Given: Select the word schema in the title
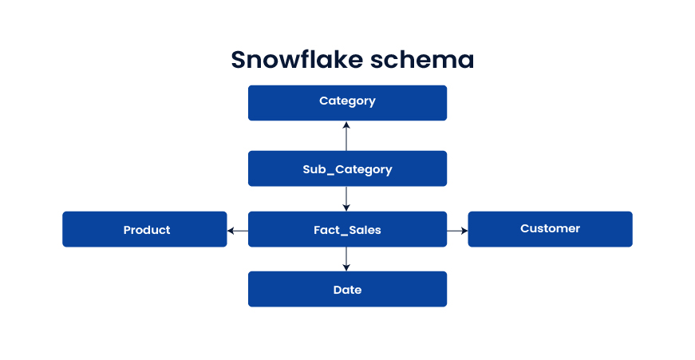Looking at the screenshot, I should tap(426, 60).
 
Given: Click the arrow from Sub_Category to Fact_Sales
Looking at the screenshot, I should tap(346, 198).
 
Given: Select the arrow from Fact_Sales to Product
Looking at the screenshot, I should tap(238, 230).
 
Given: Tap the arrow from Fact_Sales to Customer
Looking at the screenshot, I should tap(456, 230).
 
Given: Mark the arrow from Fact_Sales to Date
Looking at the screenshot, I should tap(346, 258).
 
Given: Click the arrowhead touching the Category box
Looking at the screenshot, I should tap(346, 125).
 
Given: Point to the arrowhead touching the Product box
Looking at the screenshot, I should tap(231, 230).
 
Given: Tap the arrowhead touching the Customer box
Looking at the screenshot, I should tap(464, 230).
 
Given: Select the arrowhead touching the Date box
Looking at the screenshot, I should tap(346, 267).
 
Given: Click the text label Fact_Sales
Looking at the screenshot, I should tap(347, 230).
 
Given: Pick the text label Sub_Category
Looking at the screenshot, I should tap(347, 169).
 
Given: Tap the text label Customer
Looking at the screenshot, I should tap(550, 228).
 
